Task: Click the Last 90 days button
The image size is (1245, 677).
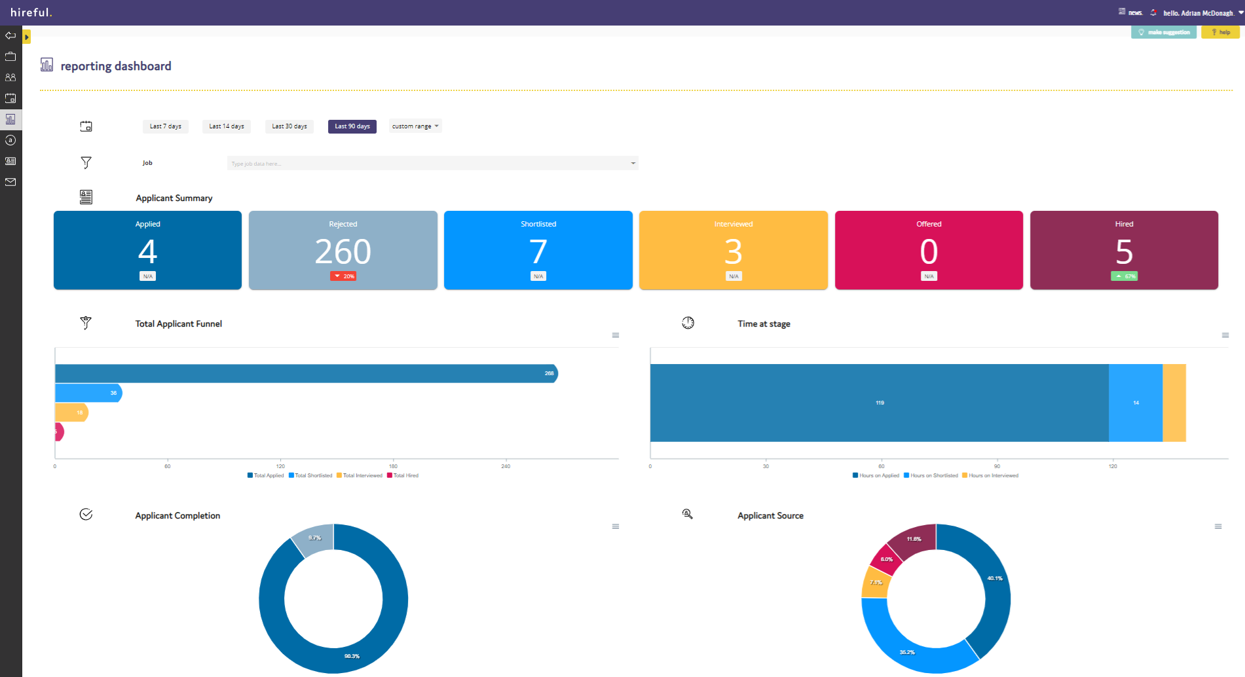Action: pyautogui.click(x=352, y=126)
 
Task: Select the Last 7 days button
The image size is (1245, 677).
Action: pyautogui.click(x=165, y=126)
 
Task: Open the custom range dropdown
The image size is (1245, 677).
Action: pyautogui.click(x=415, y=126)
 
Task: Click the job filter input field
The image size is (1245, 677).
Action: pyautogui.click(x=432, y=163)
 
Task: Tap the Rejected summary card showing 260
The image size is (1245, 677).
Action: pyautogui.click(x=343, y=249)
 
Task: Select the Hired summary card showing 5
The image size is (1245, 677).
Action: pyautogui.click(x=1124, y=249)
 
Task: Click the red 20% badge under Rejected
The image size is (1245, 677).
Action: pyautogui.click(x=343, y=276)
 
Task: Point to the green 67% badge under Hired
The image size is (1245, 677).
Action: pyautogui.click(x=1124, y=276)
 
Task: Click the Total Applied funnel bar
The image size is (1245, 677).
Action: pyautogui.click(x=301, y=373)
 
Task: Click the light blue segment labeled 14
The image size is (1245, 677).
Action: pyautogui.click(x=1135, y=403)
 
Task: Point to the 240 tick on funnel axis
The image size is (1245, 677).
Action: pyautogui.click(x=506, y=466)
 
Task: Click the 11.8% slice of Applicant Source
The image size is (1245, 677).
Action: pyautogui.click(x=913, y=540)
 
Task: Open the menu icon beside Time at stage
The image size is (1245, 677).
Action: pyautogui.click(x=1225, y=335)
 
